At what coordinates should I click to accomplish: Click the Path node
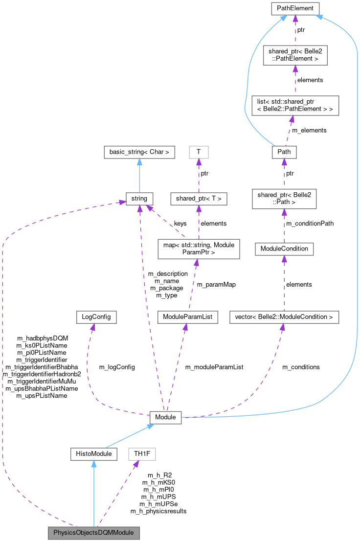284,152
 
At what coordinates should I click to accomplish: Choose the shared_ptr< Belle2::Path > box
284,198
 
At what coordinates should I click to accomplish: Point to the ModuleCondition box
284,248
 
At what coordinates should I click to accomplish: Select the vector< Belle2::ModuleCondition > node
284,317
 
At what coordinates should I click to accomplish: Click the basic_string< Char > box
139,152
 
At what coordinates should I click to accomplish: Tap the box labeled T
199,152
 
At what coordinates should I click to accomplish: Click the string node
139,199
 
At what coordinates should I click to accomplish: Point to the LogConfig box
93,317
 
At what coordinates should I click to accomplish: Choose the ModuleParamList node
188,317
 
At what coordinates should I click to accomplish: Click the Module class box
165,418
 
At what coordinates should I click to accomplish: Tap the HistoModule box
93,454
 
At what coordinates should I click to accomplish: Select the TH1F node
141,454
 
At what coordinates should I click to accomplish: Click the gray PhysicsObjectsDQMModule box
93,532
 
